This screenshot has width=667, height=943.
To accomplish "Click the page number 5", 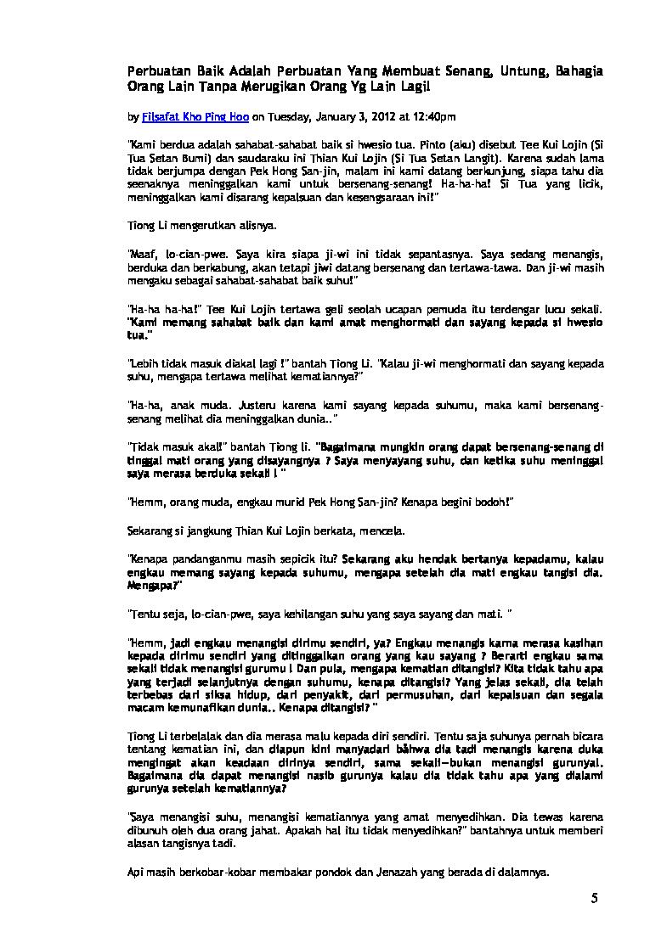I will pyautogui.click(x=595, y=899).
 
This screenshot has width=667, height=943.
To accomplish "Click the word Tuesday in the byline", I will pyautogui.click(x=285, y=115).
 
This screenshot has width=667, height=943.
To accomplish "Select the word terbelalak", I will pyautogui.click(x=189, y=728).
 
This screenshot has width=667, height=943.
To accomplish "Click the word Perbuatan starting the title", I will pyautogui.click(x=160, y=70).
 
